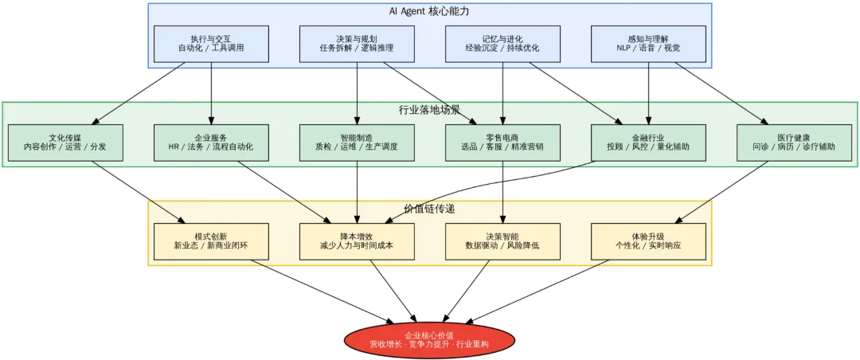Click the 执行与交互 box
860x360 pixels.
coord(211,44)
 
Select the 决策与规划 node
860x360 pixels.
coord(357,44)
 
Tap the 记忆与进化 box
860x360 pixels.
coord(502,44)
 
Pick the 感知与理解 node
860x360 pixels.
coord(648,44)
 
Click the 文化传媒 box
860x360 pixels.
coord(65,143)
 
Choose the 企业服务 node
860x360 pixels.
coord(211,143)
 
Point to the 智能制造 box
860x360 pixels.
coord(357,143)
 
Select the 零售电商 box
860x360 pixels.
coord(502,143)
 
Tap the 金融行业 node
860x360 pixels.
coord(648,143)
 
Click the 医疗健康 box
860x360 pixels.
coord(794,143)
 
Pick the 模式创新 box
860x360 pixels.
coord(211,241)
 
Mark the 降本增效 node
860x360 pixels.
coord(357,241)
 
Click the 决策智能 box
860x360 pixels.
coord(502,241)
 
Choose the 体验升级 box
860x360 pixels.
coord(648,241)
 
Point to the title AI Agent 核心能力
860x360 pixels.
coord(429,12)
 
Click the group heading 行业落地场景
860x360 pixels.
coord(429,110)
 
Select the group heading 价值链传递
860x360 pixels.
coord(429,209)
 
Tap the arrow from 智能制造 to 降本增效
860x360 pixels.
coord(357,191)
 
